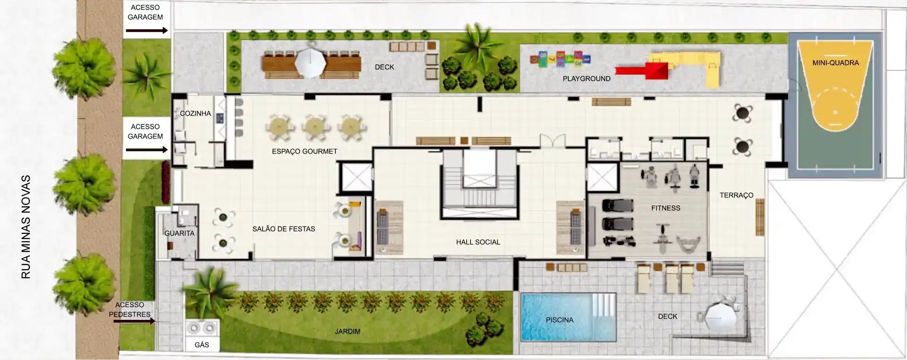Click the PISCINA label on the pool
tap(559, 320)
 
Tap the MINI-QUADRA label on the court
tap(836, 63)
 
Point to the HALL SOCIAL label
tap(478, 242)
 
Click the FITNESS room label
tap(666, 208)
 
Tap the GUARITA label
tap(180, 233)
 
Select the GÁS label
tap(202, 345)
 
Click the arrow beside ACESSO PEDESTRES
tap(134, 321)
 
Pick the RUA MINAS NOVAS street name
tap(26, 227)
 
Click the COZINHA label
tap(196, 113)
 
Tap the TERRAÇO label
tap(736, 195)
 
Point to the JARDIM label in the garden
tap(348, 332)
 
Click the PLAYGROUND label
tap(587, 79)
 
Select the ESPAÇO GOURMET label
tap(305, 152)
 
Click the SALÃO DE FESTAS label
tap(284, 229)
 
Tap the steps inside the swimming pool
tap(604, 307)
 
